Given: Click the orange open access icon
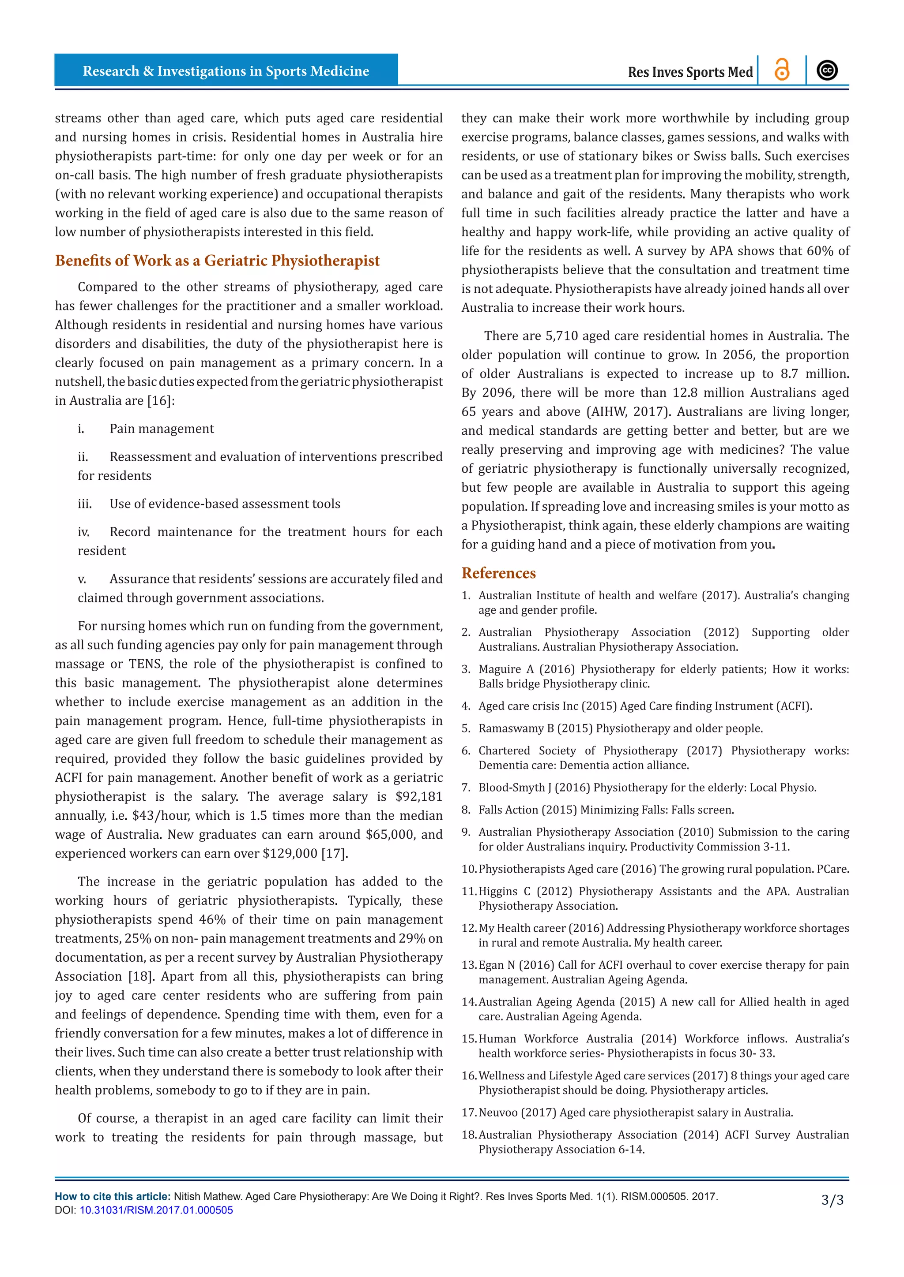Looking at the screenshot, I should [782, 71].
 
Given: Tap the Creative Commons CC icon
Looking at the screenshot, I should [827, 71].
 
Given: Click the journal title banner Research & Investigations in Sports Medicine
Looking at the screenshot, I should [226, 71].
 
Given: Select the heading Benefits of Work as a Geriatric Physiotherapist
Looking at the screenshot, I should [217, 261].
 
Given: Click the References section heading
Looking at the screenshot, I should [498, 573].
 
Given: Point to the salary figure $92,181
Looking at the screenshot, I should [418, 796].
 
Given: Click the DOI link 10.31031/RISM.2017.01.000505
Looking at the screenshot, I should [156, 1210].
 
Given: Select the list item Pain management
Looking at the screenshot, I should [162, 429].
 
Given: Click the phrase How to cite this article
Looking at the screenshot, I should [113, 1197].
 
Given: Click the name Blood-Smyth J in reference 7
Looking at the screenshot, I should [515, 788].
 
